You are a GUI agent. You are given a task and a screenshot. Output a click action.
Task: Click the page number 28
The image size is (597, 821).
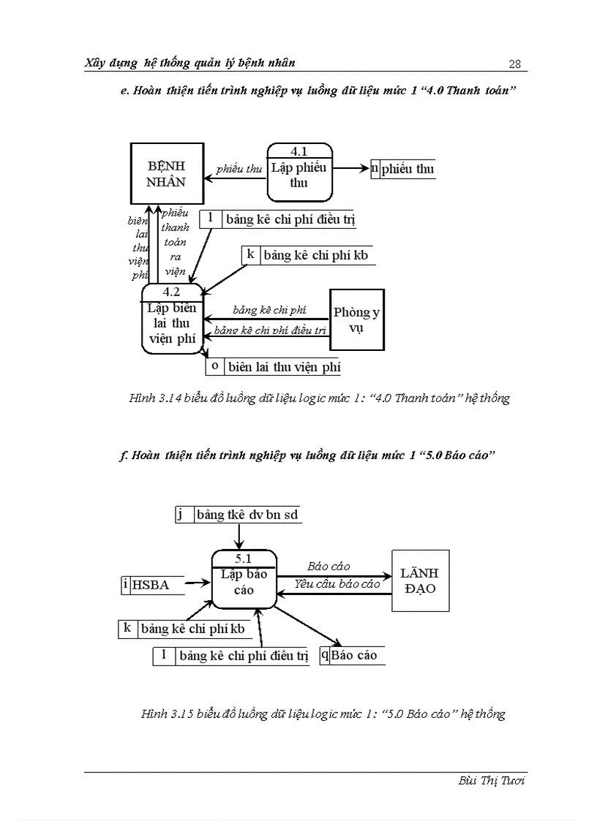pos(514,64)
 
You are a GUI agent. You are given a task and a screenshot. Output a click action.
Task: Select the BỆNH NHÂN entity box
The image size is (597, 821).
pos(167,174)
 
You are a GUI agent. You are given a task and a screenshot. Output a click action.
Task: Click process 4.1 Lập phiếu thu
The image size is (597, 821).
pos(298,173)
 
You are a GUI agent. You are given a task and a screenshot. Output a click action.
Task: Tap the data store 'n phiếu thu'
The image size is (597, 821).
pos(402,169)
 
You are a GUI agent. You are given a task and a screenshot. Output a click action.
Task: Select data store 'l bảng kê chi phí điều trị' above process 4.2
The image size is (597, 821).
pos(277,219)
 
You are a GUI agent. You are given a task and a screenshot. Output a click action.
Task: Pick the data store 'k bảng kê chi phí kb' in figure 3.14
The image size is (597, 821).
pos(307,255)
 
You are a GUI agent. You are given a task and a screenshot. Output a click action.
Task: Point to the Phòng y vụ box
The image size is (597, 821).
pos(356,319)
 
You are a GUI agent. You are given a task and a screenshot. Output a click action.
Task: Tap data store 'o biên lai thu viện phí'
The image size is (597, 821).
pos(274,366)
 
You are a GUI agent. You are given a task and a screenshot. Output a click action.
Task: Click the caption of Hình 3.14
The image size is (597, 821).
pos(319,398)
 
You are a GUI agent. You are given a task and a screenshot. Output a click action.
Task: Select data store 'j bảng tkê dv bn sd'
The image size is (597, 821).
pos(239,515)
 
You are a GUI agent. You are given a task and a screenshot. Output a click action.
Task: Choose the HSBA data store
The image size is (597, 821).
pos(151,584)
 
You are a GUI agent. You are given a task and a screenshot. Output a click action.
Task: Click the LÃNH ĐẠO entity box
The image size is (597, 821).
pos(420,580)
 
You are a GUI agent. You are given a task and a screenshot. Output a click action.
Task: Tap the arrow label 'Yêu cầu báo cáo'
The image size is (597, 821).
pos(337,583)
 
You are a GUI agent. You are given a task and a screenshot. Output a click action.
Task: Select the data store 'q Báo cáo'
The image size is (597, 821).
pos(353,655)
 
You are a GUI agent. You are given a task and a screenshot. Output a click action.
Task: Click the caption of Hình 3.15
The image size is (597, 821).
pos(323,714)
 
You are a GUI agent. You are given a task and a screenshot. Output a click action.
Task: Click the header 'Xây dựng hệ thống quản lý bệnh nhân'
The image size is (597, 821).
pos(190,63)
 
